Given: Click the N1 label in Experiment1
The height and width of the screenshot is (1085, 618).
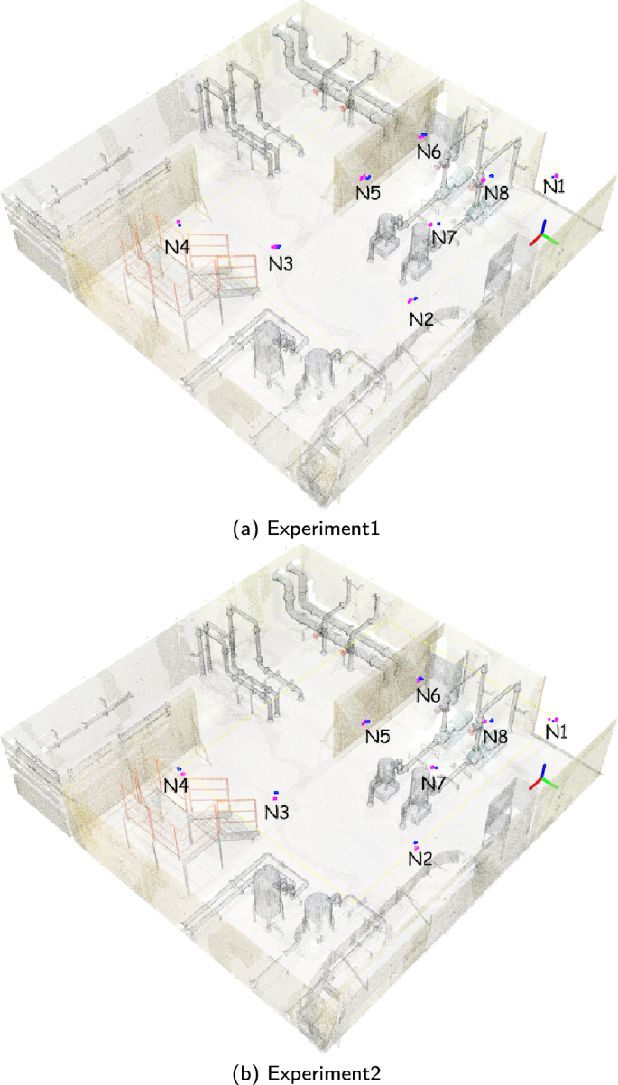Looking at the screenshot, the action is click(555, 186).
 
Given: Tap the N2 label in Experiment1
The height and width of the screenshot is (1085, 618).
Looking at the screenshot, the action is click(421, 319).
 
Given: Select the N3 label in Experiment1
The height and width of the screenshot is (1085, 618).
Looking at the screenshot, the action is click(281, 263).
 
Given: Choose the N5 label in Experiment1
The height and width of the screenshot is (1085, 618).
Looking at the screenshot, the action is click(367, 192).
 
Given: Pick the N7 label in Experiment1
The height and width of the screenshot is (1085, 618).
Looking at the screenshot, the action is click(443, 237).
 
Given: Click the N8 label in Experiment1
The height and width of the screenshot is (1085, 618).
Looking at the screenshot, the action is click(496, 192).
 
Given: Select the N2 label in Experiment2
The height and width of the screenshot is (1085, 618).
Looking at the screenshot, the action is click(420, 860).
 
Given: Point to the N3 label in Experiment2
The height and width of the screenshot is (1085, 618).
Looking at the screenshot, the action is click(277, 812).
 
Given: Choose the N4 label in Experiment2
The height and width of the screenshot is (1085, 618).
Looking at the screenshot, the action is click(176, 786).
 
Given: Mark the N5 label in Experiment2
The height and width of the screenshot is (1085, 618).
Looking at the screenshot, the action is click(377, 737).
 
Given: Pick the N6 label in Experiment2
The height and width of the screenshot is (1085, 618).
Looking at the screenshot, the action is click(429, 695).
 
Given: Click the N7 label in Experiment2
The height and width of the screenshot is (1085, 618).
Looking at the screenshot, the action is click(435, 784).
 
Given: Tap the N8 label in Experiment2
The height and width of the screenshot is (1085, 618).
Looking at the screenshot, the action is click(495, 737).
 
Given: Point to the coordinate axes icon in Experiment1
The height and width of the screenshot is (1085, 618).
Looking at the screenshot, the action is click(543, 235).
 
